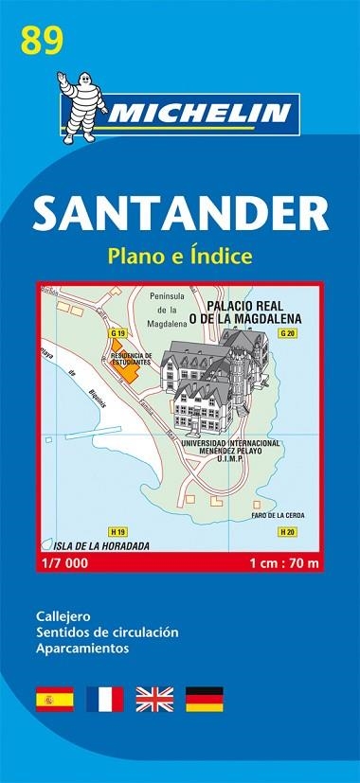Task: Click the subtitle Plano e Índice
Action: (x=180, y=256)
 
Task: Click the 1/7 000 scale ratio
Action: (x=59, y=565)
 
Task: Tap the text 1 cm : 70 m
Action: (x=285, y=565)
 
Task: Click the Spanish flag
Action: (x=54, y=673)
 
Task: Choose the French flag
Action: (x=104, y=673)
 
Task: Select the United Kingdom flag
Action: (x=154, y=673)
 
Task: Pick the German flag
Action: (x=204, y=673)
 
